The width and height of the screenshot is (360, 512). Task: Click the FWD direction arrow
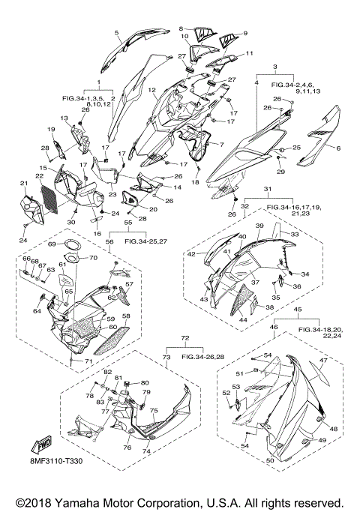point(40,445)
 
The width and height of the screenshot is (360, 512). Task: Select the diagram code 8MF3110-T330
point(55,461)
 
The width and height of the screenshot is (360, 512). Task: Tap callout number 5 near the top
point(116,32)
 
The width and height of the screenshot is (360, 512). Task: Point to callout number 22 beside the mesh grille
point(40,176)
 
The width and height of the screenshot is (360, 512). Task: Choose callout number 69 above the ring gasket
point(52,244)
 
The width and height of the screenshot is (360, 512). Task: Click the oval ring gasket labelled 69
point(71,246)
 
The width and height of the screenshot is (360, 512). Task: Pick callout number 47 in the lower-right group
point(323,361)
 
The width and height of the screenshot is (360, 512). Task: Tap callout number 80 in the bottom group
point(145,383)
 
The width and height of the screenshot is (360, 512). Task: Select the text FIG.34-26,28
point(202,357)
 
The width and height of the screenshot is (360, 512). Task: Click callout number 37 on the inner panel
point(255,282)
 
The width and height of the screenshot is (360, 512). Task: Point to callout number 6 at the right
point(338,148)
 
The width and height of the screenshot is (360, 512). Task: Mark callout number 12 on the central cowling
point(151,89)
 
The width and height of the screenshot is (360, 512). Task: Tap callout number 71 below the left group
point(88,361)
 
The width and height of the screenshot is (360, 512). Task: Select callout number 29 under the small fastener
point(280,172)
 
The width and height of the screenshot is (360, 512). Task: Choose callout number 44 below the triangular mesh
point(243,320)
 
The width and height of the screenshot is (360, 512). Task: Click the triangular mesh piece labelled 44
point(242,299)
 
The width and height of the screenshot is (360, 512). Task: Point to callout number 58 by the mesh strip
point(126,316)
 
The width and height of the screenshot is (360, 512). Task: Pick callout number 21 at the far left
point(24,184)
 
